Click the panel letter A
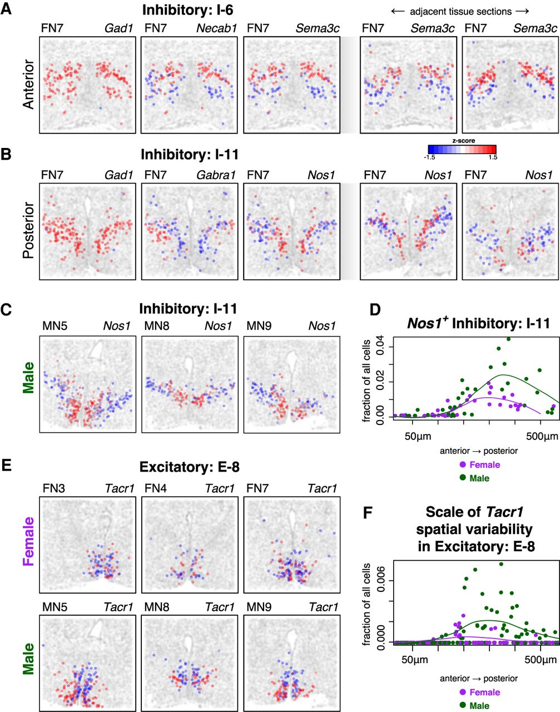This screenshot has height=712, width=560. (x=6, y=9)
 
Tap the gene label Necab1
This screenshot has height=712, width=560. (x=217, y=28)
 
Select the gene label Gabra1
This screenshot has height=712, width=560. (x=216, y=175)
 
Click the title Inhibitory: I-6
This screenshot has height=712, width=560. (x=187, y=10)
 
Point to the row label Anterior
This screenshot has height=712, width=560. (x=28, y=85)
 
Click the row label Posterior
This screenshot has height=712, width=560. (x=28, y=230)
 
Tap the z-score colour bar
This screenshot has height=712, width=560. (x=462, y=149)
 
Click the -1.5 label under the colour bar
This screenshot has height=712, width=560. (x=429, y=157)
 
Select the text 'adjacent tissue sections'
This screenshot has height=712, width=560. (x=461, y=12)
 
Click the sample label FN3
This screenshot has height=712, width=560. (x=53, y=488)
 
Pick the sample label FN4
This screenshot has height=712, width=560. (x=156, y=488)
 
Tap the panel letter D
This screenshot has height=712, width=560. (x=375, y=310)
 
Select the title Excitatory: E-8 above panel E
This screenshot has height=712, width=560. (x=189, y=467)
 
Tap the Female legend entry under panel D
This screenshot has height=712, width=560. (x=480, y=464)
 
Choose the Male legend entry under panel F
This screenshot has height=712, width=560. (x=475, y=706)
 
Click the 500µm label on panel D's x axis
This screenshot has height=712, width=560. (x=542, y=437)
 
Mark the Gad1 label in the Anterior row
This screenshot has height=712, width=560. (x=119, y=28)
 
